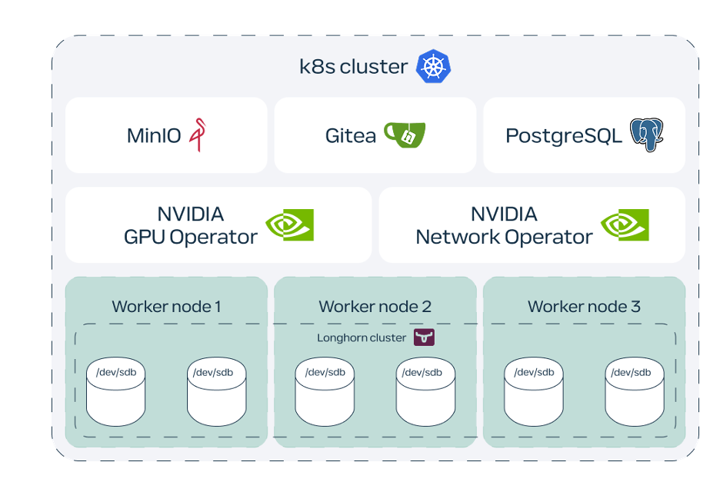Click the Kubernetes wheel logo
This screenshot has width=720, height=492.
[x=433, y=66]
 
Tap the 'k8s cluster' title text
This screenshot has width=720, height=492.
[x=353, y=67]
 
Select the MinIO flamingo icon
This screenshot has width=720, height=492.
[x=199, y=135]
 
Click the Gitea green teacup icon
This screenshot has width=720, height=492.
[x=405, y=135]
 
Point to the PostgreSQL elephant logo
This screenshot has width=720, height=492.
[x=647, y=135]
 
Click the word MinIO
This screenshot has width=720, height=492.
[x=154, y=136]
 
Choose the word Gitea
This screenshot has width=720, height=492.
[x=351, y=136]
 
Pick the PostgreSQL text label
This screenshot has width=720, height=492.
[x=564, y=136]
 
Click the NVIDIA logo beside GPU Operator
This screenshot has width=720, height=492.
[x=289, y=224]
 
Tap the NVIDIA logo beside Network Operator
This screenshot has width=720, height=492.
[x=625, y=224]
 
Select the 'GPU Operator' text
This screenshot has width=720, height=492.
[x=191, y=237]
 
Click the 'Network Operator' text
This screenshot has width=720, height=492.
[x=504, y=237]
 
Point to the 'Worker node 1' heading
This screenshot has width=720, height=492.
[x=166, y=307]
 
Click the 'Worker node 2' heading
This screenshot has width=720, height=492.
[x=375, y=307]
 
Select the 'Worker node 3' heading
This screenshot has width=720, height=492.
[x=584, y=307]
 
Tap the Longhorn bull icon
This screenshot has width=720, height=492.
[x=424, y=337]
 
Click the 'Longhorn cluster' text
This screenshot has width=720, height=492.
[x=362, y=338]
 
